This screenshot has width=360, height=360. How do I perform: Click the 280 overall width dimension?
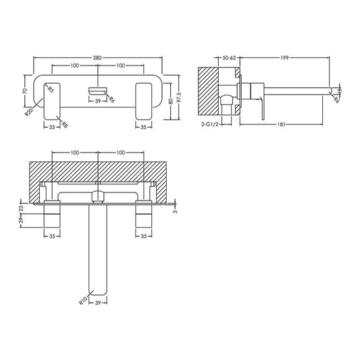pyautogui.click(x=97, y=59)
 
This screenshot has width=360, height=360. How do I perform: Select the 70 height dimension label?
pyautogui.click(x=25, y=90)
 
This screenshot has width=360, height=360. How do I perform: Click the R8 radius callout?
pyautogui.click(x=63, y=124)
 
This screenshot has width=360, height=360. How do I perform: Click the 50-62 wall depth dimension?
pyautogui.click(x=230, y=59)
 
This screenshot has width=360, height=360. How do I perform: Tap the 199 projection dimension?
pyautogui.click(x=284, y=59)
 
